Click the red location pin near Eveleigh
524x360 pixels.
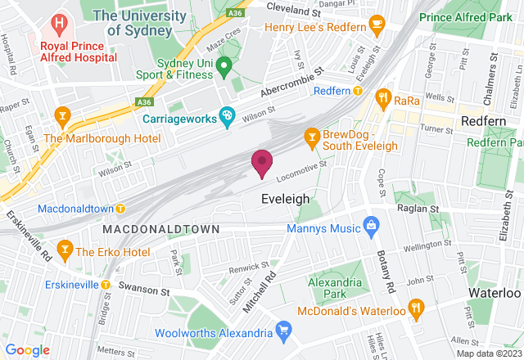pos(262,163)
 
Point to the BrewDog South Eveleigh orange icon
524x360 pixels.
pos(311,137)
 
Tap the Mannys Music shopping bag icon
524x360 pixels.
pos(370,223)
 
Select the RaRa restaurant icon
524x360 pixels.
pos(382,99)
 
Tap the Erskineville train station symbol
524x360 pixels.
pos(106,284)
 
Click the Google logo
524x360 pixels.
pos(26,349)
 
